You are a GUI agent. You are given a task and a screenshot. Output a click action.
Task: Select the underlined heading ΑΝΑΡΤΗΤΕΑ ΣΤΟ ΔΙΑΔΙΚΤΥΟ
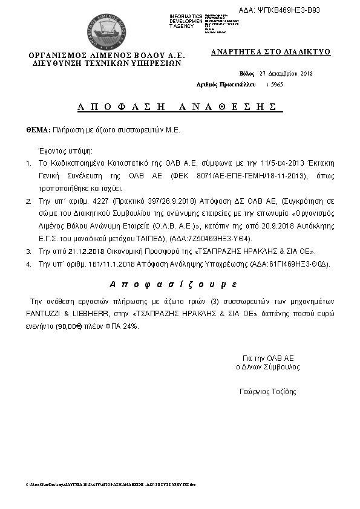click(271, 52)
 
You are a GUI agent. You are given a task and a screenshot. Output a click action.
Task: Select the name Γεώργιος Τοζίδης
click(268, 392)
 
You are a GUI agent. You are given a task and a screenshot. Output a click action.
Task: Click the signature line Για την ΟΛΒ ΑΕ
click(268, 358)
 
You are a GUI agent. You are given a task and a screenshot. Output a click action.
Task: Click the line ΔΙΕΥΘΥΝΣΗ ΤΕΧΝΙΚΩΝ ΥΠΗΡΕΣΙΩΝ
click(106, 62)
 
